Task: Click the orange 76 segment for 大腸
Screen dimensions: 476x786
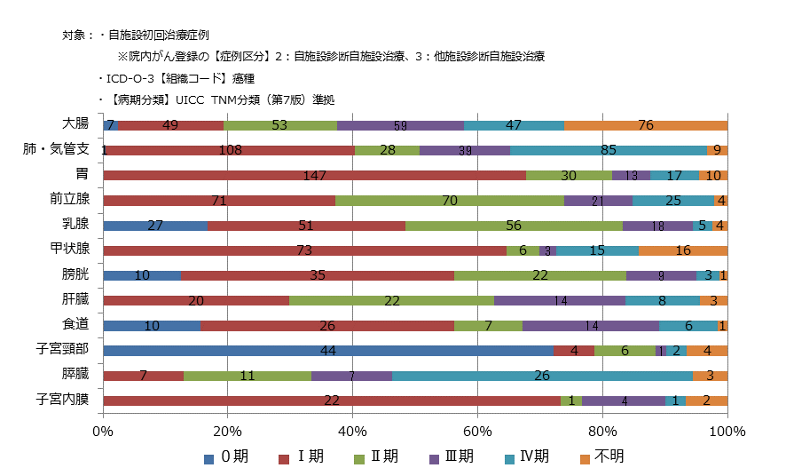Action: [645, 125]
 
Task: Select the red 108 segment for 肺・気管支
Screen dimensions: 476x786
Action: [230, 150]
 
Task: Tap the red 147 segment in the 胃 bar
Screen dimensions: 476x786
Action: [315, 176]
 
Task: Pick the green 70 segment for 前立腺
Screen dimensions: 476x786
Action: [449, 201]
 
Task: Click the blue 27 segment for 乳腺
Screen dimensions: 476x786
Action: [155, 226]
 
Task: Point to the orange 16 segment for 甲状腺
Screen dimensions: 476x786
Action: [682, 250]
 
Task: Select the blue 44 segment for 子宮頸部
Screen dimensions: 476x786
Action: [327, 351]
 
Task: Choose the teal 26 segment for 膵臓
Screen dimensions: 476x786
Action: [542, 376]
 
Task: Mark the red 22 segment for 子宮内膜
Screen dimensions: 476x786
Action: [332, 401]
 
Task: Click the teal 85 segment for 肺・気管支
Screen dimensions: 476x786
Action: [609, 150]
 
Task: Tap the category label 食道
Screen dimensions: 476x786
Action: [75, 325]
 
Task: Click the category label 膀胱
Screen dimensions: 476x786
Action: [75, 275]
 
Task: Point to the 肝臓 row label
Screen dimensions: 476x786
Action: [75, 300]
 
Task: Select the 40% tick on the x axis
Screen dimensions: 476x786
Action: [353, 432]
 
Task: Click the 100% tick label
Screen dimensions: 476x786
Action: [727, 432]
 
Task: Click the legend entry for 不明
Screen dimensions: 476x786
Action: [603, 456]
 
